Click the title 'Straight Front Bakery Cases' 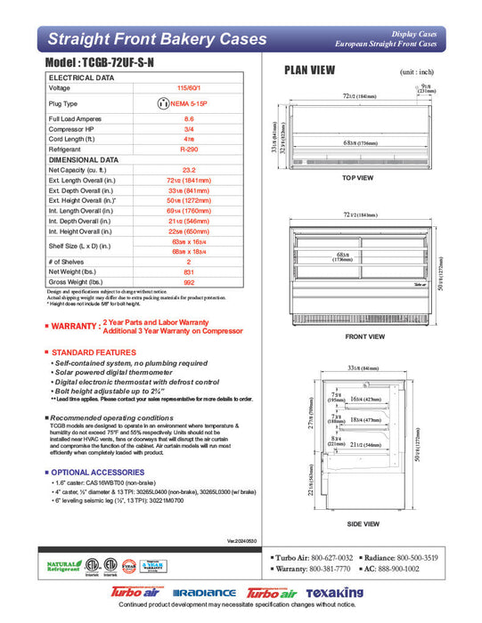point(156,39)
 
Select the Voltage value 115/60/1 point(189,88)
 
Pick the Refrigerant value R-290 point(189,150)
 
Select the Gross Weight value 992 point(189,282)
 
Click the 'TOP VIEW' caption point(357,178)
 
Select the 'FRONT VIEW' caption point(364,336)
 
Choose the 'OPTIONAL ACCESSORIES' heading point(96,472)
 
